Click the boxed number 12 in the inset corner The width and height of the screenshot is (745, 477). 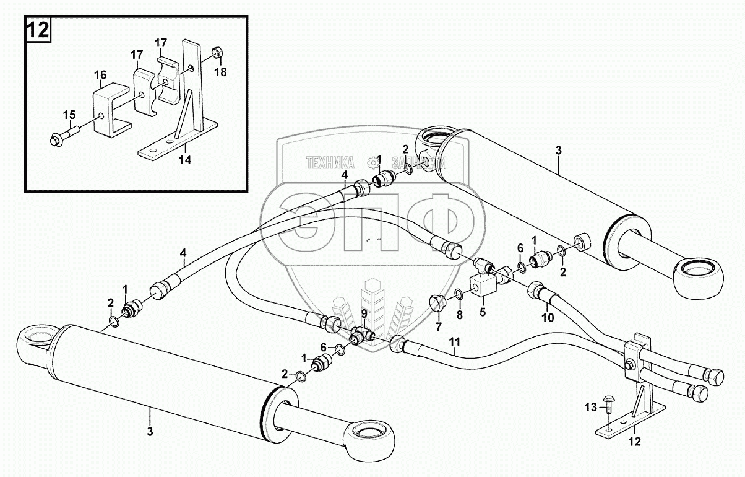click(x=38, y=30)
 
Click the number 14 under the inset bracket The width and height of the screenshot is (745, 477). click(x=185, y=159)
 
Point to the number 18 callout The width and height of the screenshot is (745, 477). click(x=221, y=72)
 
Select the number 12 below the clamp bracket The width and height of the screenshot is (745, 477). click(x=634, y=442)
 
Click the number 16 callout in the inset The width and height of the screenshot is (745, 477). click(x=100, y=75)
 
